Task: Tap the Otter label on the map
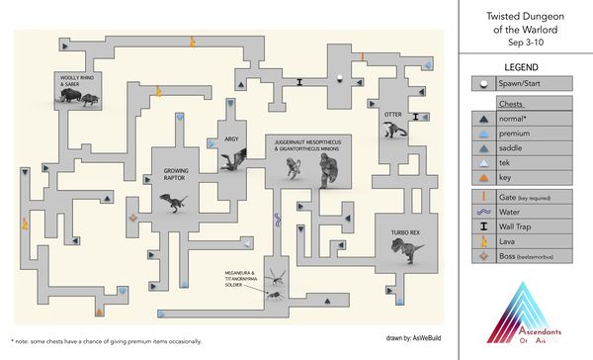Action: pos(390,114)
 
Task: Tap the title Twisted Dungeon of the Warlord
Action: pos(525,22)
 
